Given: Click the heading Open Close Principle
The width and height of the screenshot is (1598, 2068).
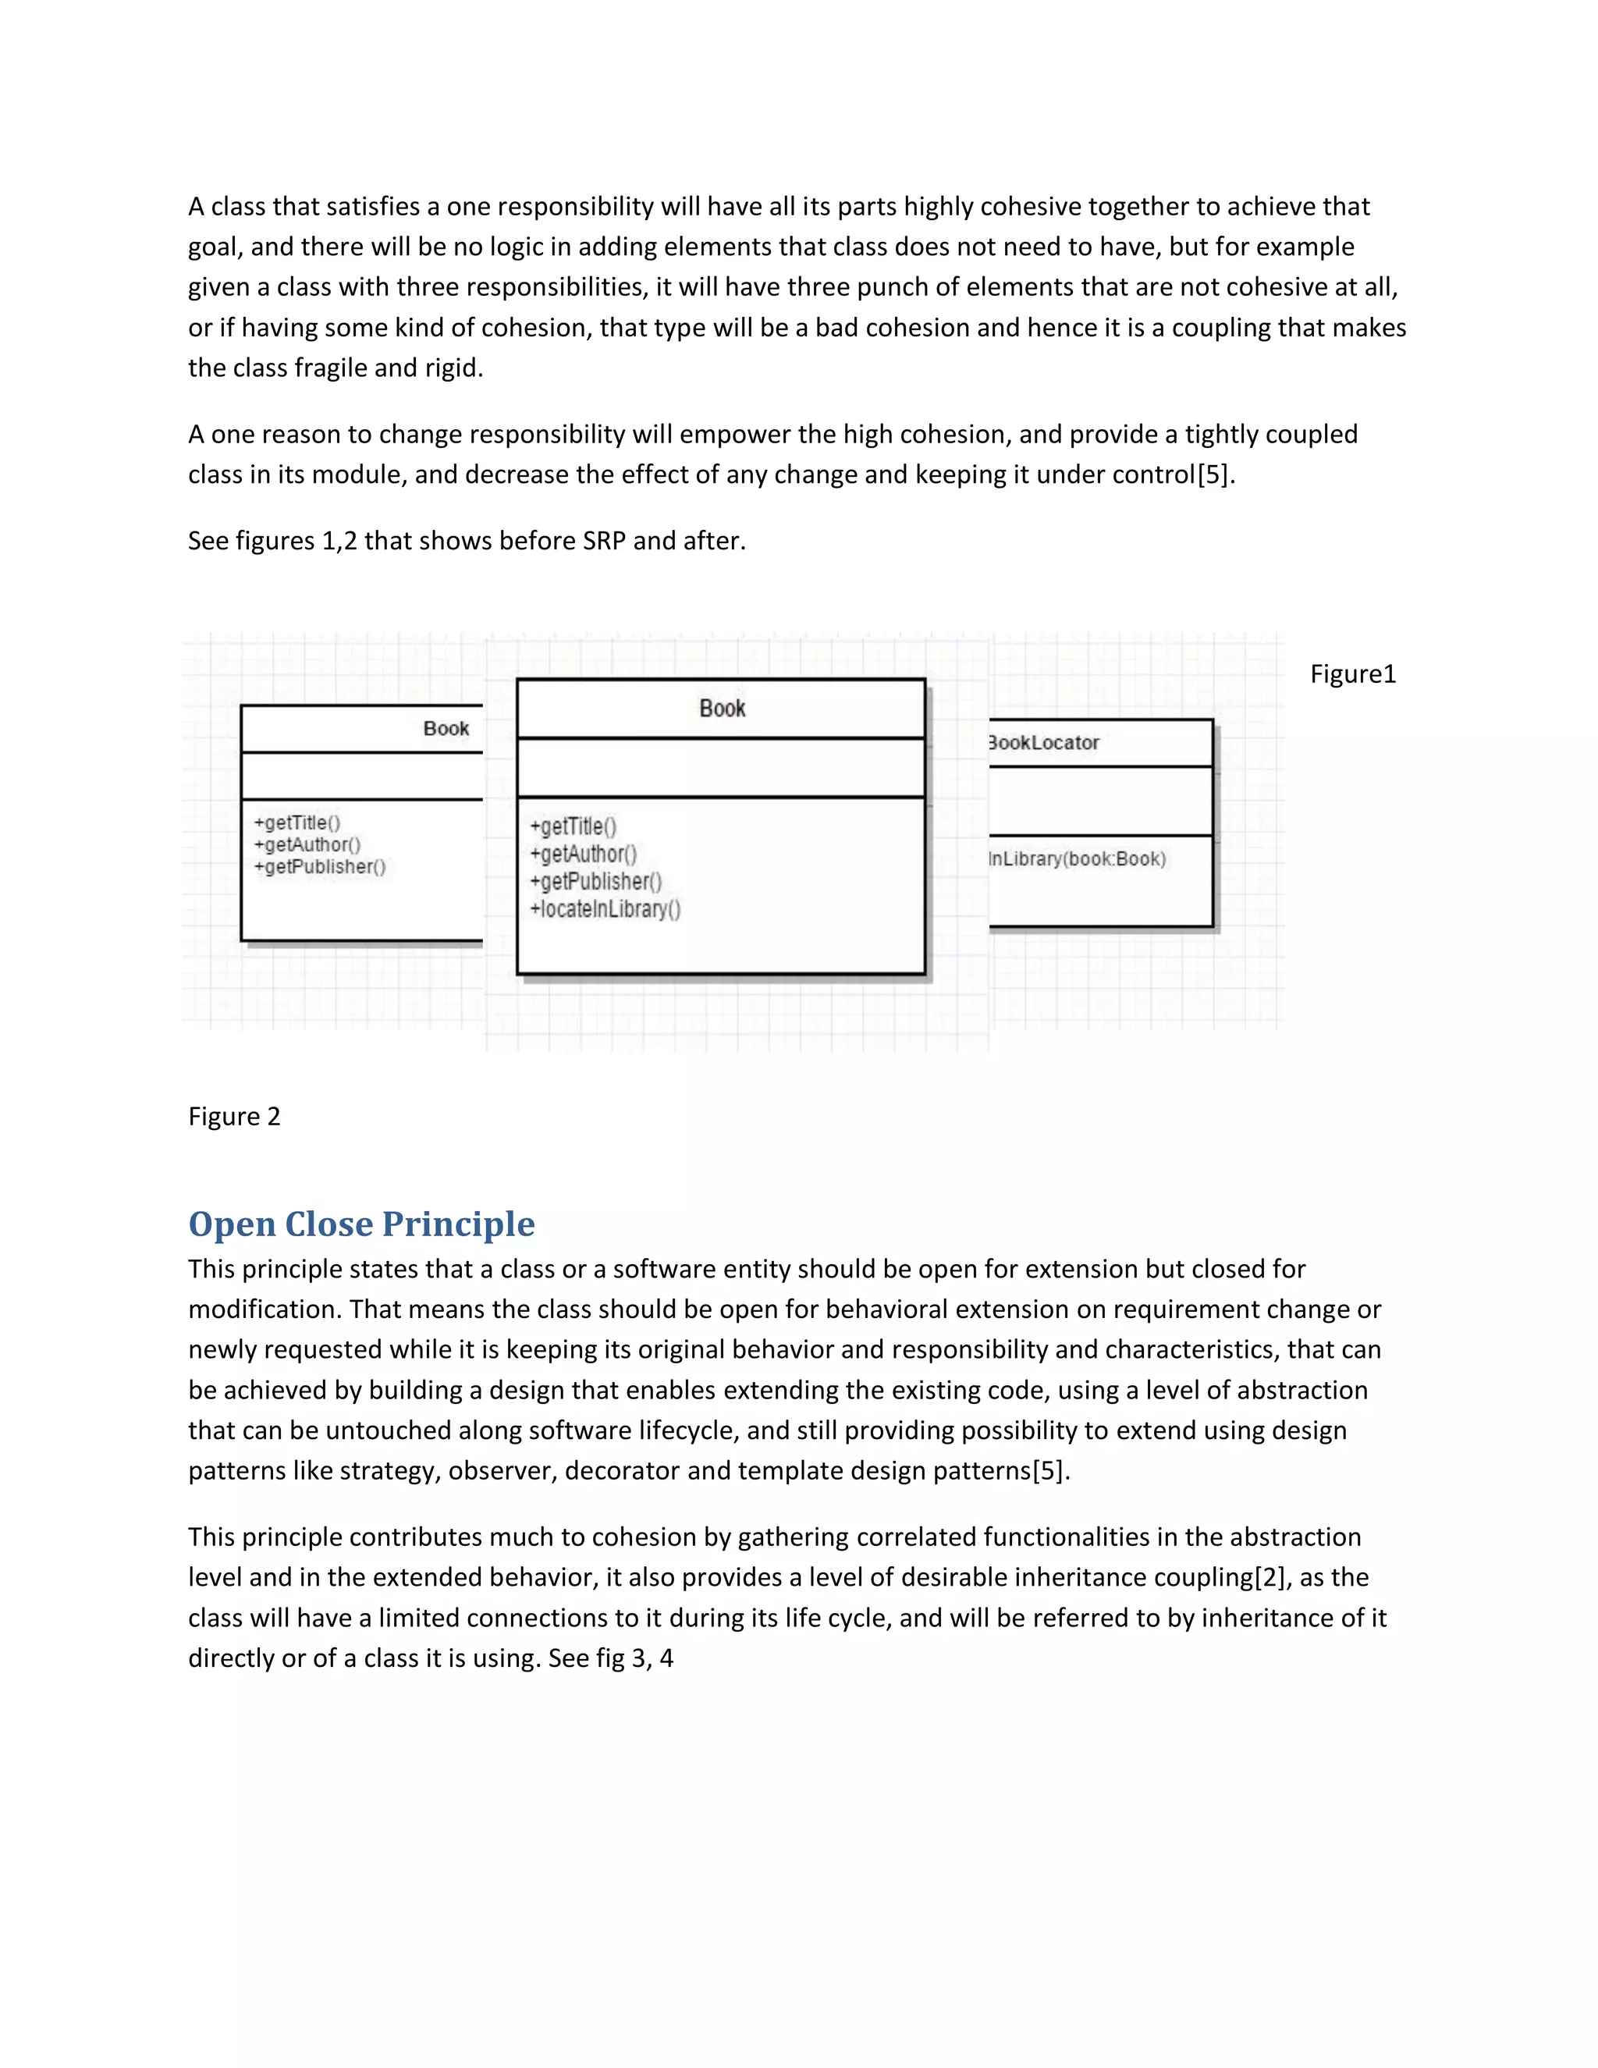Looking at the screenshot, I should point(360,1224).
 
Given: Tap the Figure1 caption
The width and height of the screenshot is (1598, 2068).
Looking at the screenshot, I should point(1352,674).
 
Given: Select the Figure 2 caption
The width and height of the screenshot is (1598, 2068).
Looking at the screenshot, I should point(234,1117).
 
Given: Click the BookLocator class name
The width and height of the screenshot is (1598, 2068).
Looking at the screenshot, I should point(1043,743).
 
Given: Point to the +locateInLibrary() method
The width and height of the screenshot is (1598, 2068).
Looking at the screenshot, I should point(605,910).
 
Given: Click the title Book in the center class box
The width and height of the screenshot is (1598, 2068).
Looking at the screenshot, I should point(722,709).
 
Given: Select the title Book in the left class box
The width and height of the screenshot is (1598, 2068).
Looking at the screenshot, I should point(446,728).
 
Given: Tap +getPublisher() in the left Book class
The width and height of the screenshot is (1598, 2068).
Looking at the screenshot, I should point(320,866).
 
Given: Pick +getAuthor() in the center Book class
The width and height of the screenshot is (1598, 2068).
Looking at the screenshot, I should point(583,854).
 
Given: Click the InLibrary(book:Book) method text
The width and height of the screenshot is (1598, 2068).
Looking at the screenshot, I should point(1076,859).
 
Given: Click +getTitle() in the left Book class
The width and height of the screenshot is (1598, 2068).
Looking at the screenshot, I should point(297,822).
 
